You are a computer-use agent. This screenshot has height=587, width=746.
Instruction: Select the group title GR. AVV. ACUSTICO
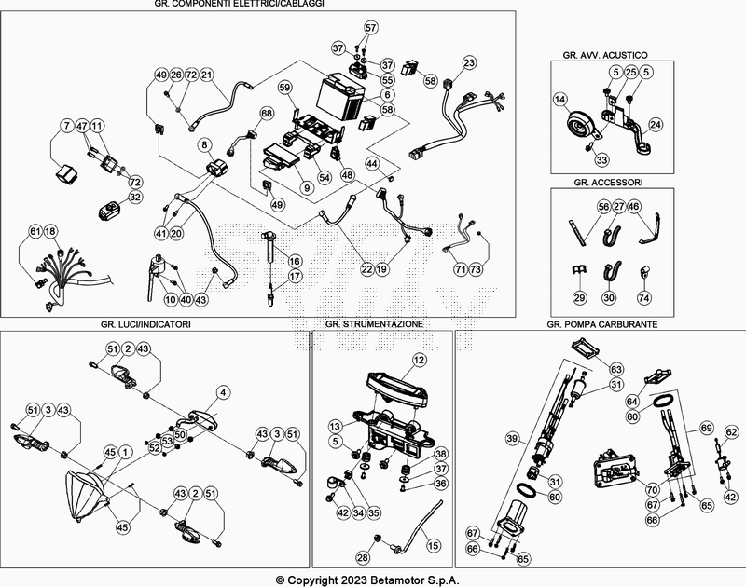pyautogui.click(x=605, y=56)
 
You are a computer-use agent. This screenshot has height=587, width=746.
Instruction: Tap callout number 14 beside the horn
pyautogui.click(x=559, y=99)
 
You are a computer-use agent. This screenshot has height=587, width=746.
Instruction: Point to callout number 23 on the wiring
pyautogui.click(x=469, y=63)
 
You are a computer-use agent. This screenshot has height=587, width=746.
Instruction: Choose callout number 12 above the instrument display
pyautogui.click(x=419, y=359)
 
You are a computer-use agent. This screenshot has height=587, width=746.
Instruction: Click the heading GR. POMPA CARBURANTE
pyautogui.click(x=605, y=323)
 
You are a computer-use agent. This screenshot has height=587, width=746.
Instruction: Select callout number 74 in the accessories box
pyautogui.click(x=642, y=298)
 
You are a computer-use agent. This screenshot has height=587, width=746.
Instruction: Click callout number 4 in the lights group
pyautogui.click(x=223, y=391)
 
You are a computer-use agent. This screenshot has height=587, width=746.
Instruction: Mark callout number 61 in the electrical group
pyautogui.click(x=35, y=230)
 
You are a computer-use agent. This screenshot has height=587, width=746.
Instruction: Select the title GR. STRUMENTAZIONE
pyautogui.click(x=374, y=323)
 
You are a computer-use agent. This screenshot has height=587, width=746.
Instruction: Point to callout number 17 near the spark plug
pyautogui.click(x=296, y=277)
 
